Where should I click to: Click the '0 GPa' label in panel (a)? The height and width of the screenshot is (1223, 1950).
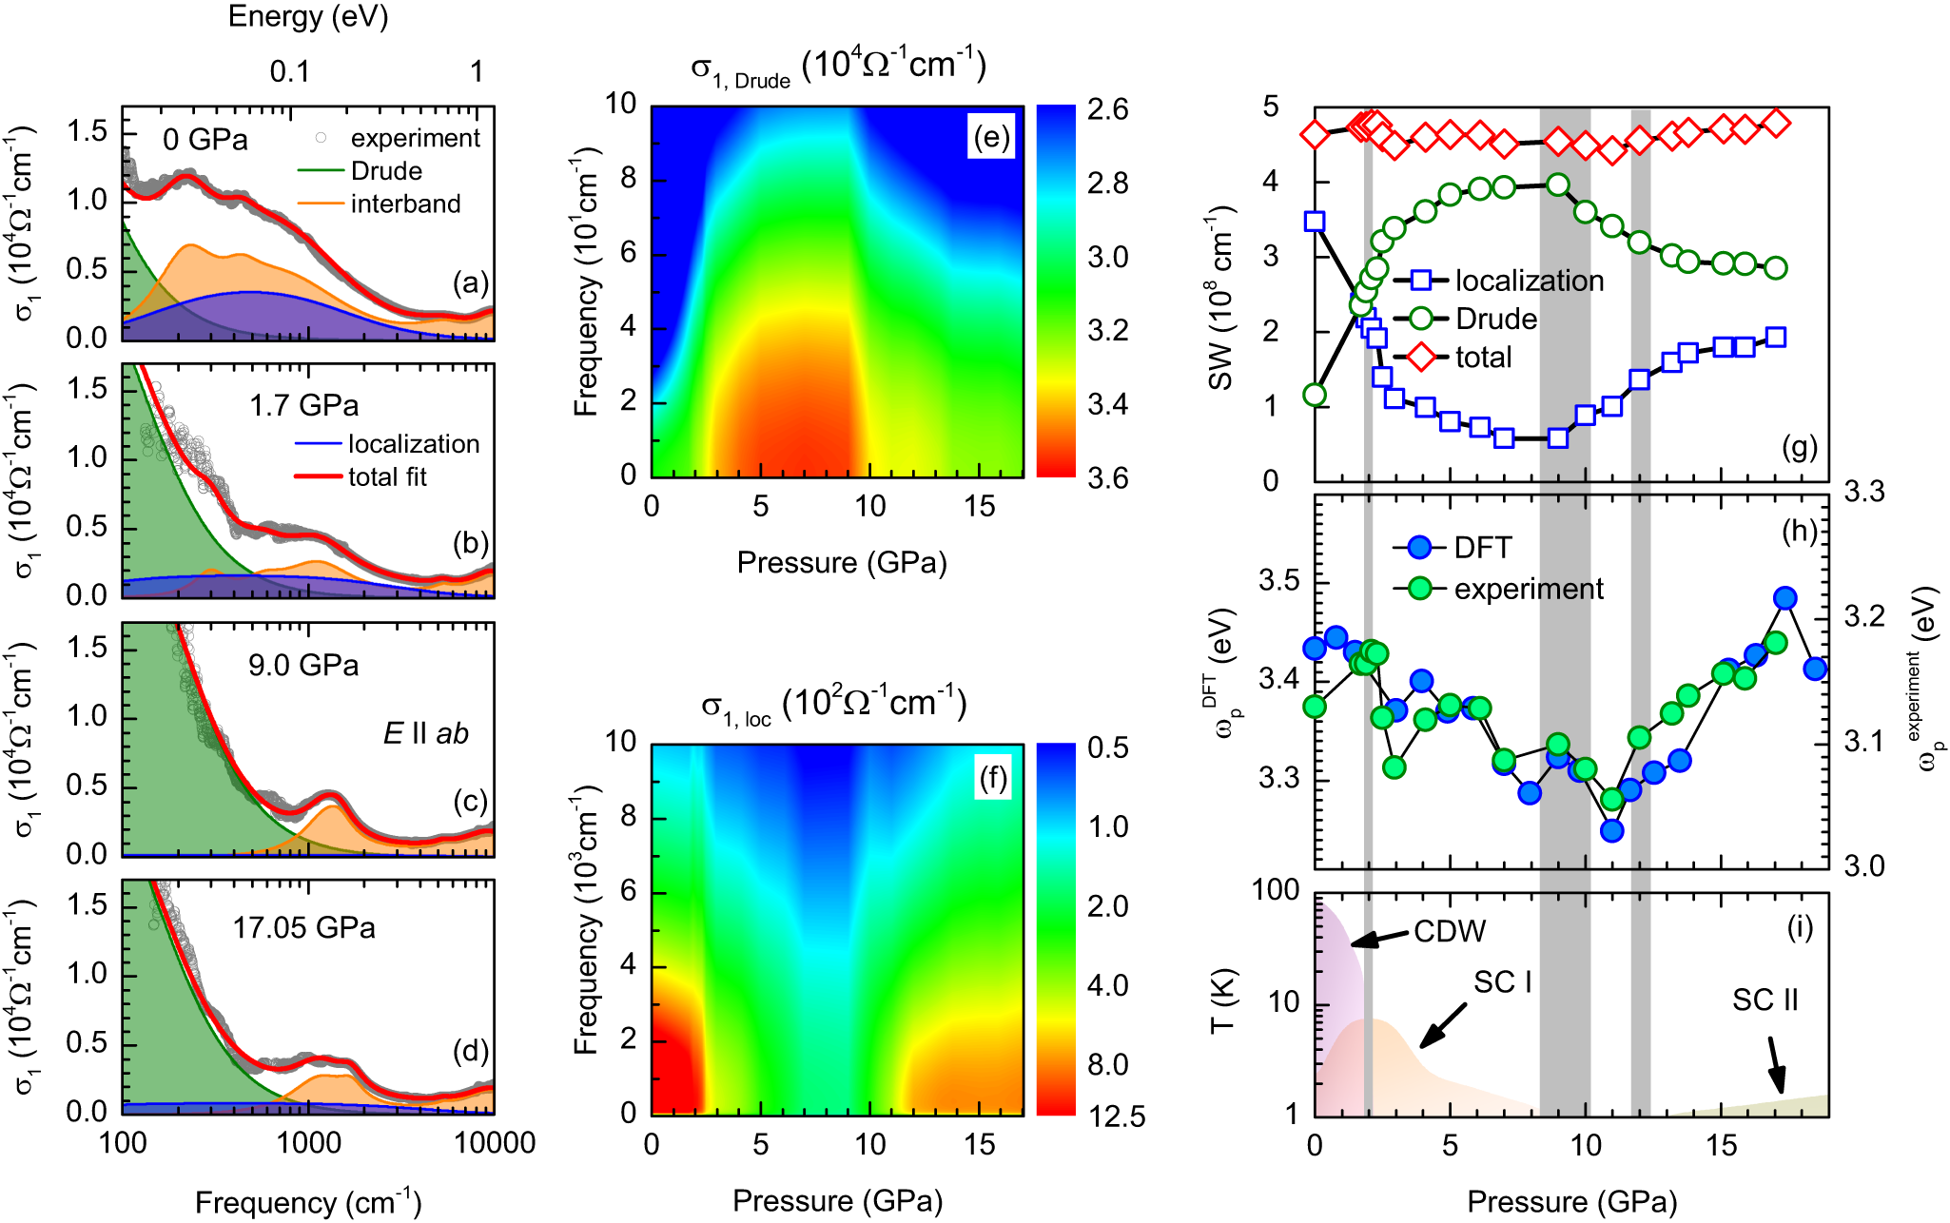coord(205,140)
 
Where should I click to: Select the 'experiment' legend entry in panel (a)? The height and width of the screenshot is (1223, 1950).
coord(415,138)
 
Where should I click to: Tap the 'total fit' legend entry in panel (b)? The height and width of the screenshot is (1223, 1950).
coord(387,476)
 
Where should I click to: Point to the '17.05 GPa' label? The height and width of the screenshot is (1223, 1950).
coord(303,927)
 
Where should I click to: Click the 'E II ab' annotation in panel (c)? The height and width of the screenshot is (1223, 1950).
coord(425,733)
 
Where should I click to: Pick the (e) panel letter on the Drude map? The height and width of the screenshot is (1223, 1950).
coord(990,137)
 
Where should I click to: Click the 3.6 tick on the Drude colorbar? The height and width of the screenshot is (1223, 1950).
coord(1108,477)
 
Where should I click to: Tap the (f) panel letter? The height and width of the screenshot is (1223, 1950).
coord(991,779)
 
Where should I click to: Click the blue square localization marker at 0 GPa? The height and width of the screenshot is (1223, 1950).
coord(1315,222)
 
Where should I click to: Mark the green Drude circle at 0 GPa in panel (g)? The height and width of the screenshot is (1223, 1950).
coord(1315,395)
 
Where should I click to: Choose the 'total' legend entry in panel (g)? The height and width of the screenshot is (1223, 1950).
coord(1483,357)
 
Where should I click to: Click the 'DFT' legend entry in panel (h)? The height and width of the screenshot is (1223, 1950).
coord(1482,547)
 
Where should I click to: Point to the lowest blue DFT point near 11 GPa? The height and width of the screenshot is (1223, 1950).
coord(1611,830)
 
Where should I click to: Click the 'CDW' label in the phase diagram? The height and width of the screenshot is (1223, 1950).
coord(1449,931)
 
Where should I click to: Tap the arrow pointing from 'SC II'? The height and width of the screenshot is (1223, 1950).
coord(1775,1065)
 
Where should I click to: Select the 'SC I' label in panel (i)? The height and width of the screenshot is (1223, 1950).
coord(1503,981)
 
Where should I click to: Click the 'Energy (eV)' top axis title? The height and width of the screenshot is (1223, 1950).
coord(308,16)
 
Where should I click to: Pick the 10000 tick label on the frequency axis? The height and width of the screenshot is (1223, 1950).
coord(495,1142)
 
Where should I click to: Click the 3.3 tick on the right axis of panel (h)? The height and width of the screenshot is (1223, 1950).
coord(1863,492)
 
